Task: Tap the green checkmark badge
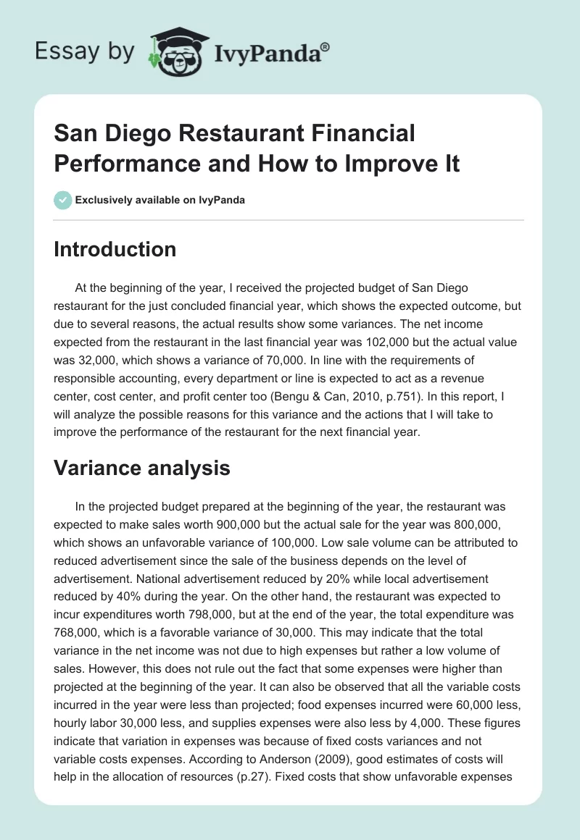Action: pyautogui.click(x=63, y=200)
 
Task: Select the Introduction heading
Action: pyautogui.click(x=115, y=249)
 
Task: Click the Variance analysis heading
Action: pyautogui.click(x=142, y=468)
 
